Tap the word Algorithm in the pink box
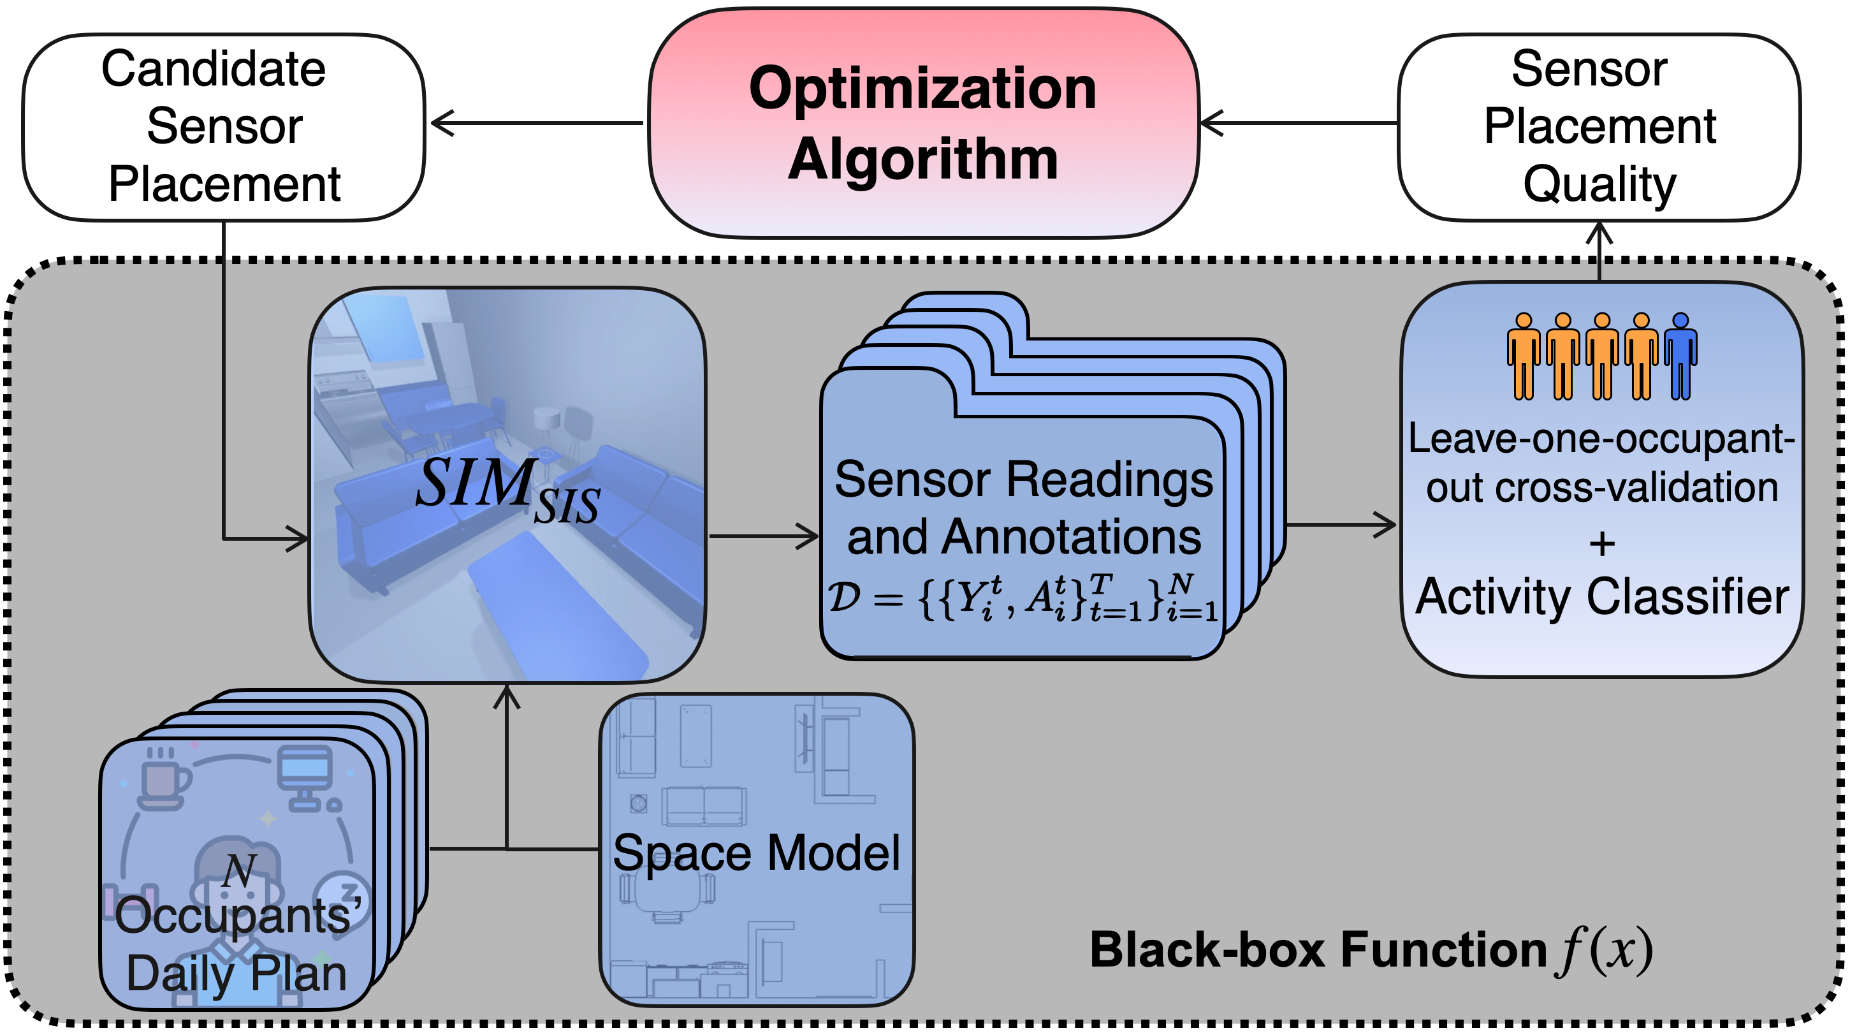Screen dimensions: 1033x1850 (923, 159)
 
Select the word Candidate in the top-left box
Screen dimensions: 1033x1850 (214, 70)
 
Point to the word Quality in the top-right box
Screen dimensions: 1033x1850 (1599, 185)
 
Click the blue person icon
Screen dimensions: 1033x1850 (1680, 356)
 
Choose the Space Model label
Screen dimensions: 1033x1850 (756, 853)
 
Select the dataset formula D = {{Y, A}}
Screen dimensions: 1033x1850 (1023, 597)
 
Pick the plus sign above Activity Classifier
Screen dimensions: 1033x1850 (1601, 544)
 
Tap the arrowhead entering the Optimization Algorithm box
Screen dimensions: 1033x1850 (1210, 123)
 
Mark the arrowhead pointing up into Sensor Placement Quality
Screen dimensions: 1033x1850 (1599, 231)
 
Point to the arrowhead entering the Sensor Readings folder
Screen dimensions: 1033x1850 (810, 535)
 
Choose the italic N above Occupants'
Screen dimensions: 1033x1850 (238, 870)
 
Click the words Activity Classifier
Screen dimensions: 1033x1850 (1601, 597)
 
